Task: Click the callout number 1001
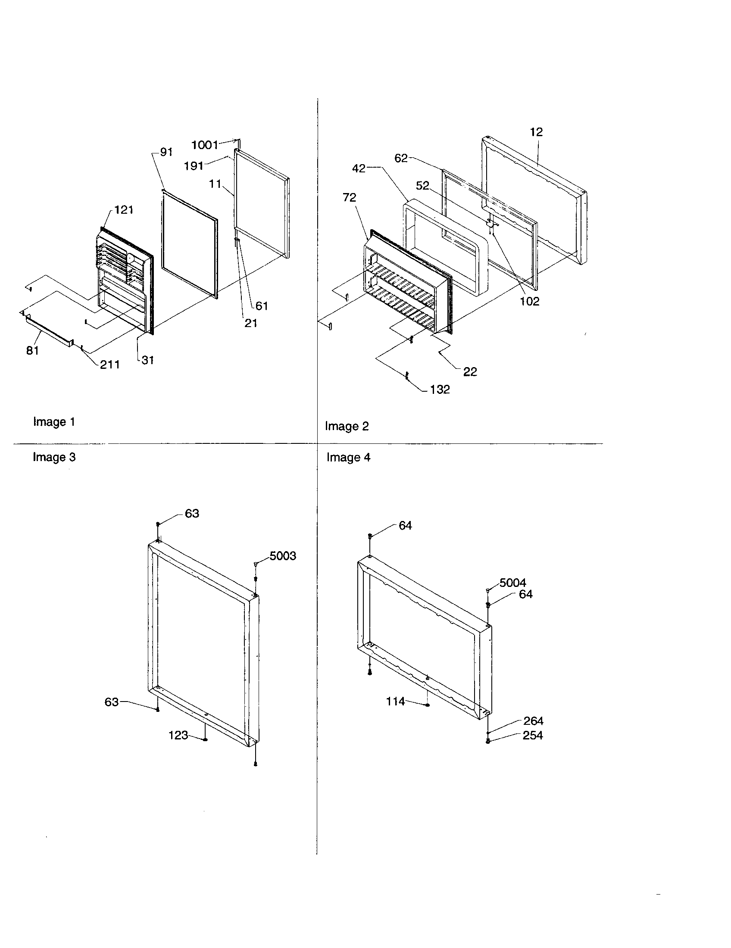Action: pyautogui.click(x=204, y=144)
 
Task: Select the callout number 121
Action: pyautogui.click(x=124, y=210)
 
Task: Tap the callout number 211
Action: pyautogui.click(x=109, y=365)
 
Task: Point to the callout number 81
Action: pyautogui.click(x=33, y=351)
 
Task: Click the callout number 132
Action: pyautogui.click(x=440, y=390)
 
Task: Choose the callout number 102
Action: pyautogui.click(x=530, y=301)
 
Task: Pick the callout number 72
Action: pyautogui.click(x=349, y=197)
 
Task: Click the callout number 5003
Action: pyautogui.click(x=283, y=555)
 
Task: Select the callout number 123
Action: pyautogui.click(x=178, y=735)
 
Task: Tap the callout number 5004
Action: pyautogui.click(x=512, y=583)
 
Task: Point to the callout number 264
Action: pyautogui.click(x=533, y=720)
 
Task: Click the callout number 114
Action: pyautogui.click(x=395, y=701)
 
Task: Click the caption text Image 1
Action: pyautogui.click(x=54, y=422)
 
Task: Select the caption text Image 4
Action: pyautogui.click(x=349, y=458)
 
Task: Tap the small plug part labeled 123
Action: pyautogui.click(x=206, y=739)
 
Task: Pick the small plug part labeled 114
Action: pyautogui.click(x=428, y=705)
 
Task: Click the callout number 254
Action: pyautogui.click(x=533, y=735)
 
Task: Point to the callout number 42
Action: pyautogui.click(x=359, y=168)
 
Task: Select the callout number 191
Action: pyautogui.click(x=194, y=166)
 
